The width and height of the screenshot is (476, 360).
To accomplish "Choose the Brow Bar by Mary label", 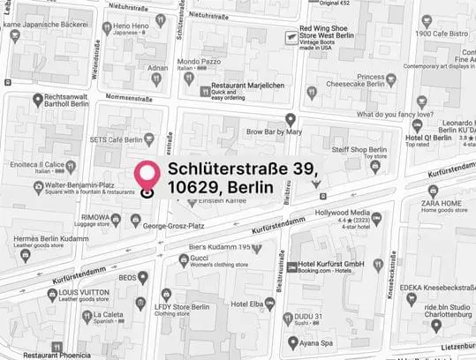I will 274,131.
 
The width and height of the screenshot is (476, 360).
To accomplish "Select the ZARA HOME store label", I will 442,203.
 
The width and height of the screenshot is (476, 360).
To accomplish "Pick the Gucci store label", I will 202,259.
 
